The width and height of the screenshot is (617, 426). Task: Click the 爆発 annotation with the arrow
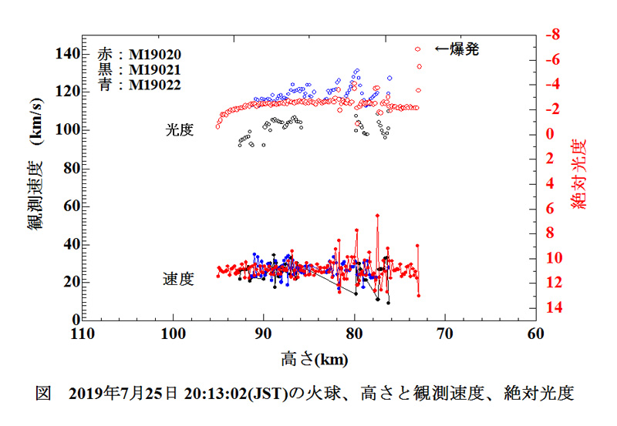click(457, 49)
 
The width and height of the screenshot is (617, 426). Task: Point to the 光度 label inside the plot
click(178, 130)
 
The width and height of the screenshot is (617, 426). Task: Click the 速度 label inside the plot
click(178, 280)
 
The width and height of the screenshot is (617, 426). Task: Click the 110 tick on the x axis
click(83, 334)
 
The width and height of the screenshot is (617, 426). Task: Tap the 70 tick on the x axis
click(445, 334)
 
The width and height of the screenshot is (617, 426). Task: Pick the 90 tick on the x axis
click(264, 334)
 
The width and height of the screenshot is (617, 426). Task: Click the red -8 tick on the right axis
click(552, 35)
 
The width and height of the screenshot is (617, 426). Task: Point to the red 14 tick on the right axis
click(552, 308)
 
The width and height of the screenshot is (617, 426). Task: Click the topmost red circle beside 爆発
click(417, 49)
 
